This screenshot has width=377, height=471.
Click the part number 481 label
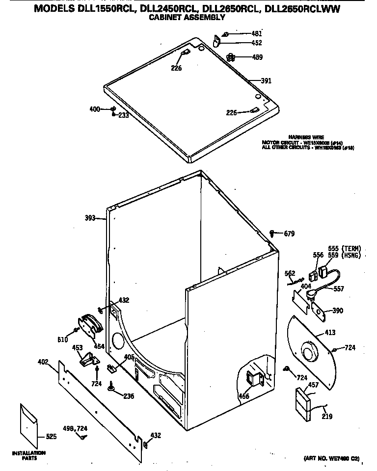[256, 33]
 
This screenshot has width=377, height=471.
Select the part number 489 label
[257, 57]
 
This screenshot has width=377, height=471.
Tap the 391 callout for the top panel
[266, 81]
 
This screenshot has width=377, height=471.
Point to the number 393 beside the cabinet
[90, 218]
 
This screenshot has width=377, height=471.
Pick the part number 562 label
[290, 274]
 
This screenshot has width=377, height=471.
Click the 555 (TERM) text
[344, 249]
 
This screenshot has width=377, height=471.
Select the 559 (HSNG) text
[344, 256]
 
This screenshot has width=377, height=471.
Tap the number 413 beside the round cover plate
[330, 333]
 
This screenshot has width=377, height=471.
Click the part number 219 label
[327, 417]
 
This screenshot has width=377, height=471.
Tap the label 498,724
[75, 428]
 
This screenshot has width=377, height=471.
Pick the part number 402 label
[43, 362]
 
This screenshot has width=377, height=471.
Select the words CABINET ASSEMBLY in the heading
[187, 17]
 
